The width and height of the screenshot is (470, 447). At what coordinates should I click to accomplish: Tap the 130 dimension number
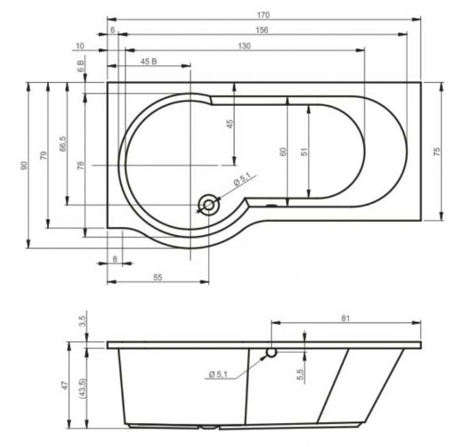244,46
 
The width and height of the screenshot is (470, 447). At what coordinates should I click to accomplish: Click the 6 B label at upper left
81,68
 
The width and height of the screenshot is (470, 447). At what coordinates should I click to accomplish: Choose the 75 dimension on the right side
437,150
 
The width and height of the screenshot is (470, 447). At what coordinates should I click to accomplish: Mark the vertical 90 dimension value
23,165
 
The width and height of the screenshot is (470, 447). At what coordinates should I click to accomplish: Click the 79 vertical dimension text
43,155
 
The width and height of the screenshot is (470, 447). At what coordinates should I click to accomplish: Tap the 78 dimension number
80,165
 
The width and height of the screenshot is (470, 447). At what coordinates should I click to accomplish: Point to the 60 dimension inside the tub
283,151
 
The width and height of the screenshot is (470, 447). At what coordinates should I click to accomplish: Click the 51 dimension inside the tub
304,151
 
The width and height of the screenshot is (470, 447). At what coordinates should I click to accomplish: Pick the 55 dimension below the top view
158,276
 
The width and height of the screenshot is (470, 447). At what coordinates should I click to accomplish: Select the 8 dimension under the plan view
115,258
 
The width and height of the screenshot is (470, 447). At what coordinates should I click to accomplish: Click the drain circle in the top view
208,204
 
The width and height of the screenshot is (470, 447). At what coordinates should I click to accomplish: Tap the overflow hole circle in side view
271,352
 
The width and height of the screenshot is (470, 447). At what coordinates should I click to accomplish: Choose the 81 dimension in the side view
345,318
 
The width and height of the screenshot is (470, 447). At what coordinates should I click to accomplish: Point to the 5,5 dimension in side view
300,375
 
